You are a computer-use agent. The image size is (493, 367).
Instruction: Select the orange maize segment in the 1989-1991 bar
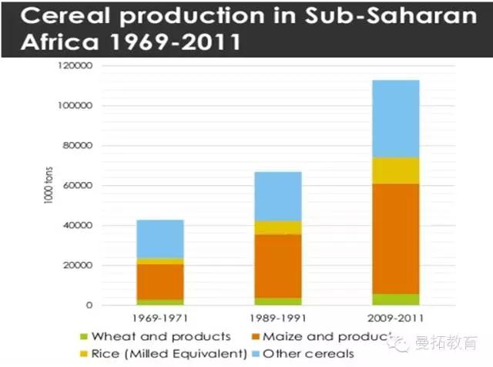click(279, 266)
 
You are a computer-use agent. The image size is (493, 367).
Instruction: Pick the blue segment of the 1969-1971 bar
click(160, 239)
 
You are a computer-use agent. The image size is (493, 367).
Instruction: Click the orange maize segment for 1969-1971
click(160, 281)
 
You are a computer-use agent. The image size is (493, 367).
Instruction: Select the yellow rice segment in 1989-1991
click(279, 227)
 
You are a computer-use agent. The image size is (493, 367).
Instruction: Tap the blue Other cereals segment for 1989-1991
click(279, 196)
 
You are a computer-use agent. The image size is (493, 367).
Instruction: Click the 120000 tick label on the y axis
click(74, 66)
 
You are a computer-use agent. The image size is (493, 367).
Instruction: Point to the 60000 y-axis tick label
click(77, 186)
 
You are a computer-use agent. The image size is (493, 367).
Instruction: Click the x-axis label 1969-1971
click(160, 318)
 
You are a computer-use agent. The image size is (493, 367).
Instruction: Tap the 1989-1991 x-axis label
click(279, 318)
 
